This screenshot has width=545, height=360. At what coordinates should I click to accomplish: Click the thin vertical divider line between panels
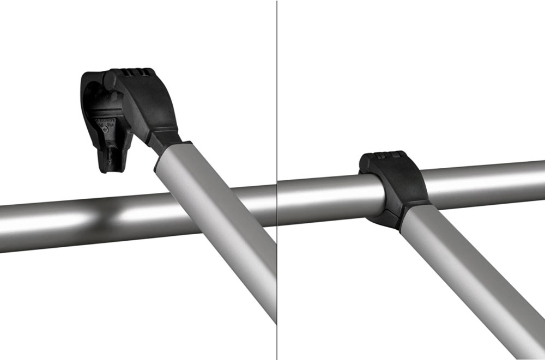[x=277, y=109]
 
